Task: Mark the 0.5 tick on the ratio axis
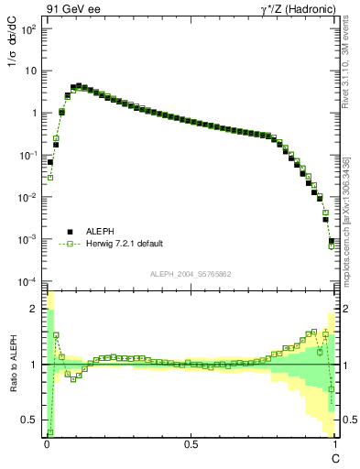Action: tap(32, 420)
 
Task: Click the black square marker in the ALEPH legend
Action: tap(69, 232)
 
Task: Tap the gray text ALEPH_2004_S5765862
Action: tap(191, 274)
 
